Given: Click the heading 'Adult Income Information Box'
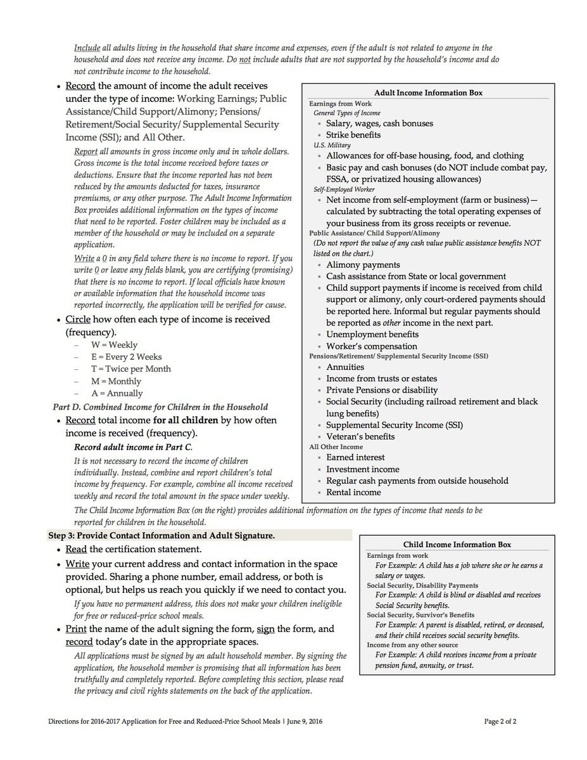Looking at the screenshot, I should coord(428,92).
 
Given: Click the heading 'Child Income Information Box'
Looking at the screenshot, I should coord(457,544).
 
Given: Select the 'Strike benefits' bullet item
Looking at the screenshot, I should coord(353,135).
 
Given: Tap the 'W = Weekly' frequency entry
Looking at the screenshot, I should coord(114,345).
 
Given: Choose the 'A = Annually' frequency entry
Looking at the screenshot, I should coord(117,393).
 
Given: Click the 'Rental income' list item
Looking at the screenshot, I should coord(353,492).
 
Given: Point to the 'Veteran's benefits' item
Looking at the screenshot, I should coord(360,436).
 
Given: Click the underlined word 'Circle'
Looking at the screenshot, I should coord(79,319).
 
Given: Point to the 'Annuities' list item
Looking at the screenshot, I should coord(345,367).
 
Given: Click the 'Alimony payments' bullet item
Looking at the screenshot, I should coord(363,265).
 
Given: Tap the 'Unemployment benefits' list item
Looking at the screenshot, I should coord(372,334).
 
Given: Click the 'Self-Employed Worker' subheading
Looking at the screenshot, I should coord(344,189).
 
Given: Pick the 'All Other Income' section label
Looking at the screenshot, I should coord(336,446).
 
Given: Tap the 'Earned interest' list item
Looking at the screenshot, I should coord(355,457).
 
